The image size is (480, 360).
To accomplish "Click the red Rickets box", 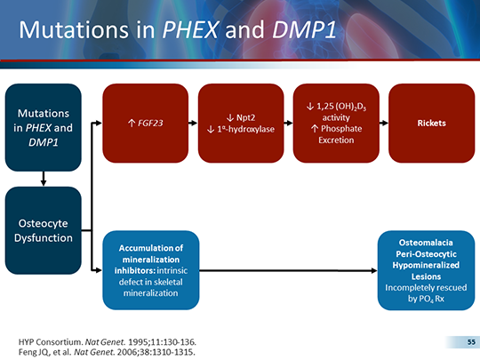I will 430,123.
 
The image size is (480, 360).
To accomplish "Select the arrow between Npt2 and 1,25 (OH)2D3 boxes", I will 287,123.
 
